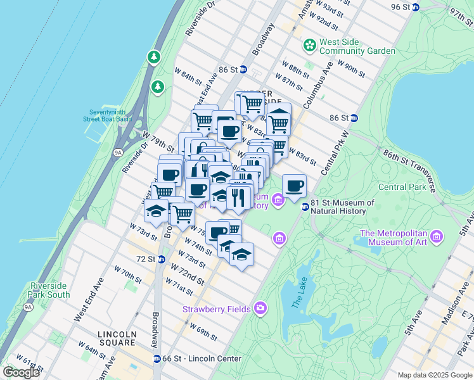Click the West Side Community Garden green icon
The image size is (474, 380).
310,46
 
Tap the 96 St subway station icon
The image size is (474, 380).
416,7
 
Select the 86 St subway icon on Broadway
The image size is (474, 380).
243,69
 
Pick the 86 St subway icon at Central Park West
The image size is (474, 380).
354,118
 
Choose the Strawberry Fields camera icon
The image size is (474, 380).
260,308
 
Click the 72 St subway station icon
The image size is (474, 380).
161,259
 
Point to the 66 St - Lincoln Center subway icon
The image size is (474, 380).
157,358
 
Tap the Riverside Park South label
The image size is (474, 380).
49,290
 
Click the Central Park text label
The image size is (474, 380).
402,187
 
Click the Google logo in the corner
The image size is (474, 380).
21,372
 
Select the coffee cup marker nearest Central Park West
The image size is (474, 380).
294,186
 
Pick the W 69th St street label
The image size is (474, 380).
203,331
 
